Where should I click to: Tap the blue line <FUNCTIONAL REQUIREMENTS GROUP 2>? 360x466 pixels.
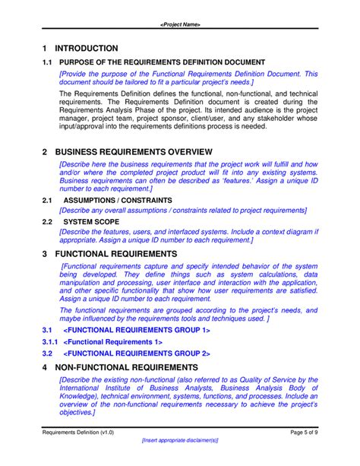(x=137, y=353)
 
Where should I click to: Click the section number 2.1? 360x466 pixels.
(x=46, y=200)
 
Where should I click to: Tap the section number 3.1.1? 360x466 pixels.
(x=49, y=342)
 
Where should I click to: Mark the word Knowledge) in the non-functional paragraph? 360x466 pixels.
(x=79, y=396)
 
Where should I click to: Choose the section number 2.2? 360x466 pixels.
(x=46, y=221)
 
